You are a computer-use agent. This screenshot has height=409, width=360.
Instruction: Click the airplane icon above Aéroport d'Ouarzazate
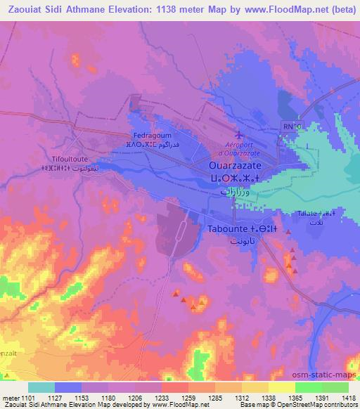pos(238,134)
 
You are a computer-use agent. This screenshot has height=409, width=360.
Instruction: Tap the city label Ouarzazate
pos(236,164)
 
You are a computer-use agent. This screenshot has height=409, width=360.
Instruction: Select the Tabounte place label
pos(236,228)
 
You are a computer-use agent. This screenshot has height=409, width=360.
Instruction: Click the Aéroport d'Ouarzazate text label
pos(238,148)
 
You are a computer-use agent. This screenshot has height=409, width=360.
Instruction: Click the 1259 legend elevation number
pos(179,397)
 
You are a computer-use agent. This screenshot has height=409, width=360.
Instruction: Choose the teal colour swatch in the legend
pos(41,387)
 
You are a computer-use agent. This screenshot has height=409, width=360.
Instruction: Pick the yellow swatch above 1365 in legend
pos(281,387)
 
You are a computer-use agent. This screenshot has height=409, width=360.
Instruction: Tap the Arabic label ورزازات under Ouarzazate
pos(236,191)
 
